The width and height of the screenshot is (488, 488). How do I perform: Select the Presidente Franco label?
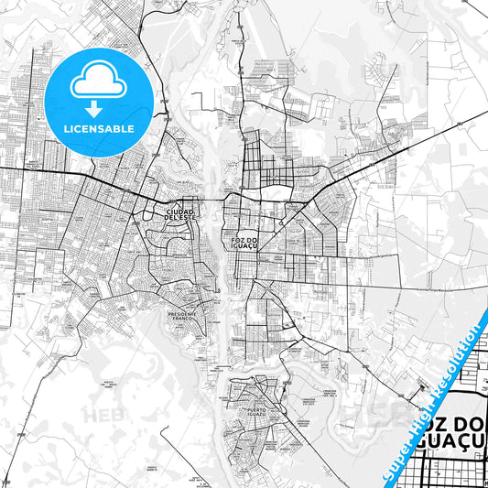(x=183, y=316)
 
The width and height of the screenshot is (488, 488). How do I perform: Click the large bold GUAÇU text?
(x=450, y=451)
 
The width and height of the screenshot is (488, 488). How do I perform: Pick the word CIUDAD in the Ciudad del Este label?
(x=179, y=211)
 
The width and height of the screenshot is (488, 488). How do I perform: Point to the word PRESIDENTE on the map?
(x=183, y=313)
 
